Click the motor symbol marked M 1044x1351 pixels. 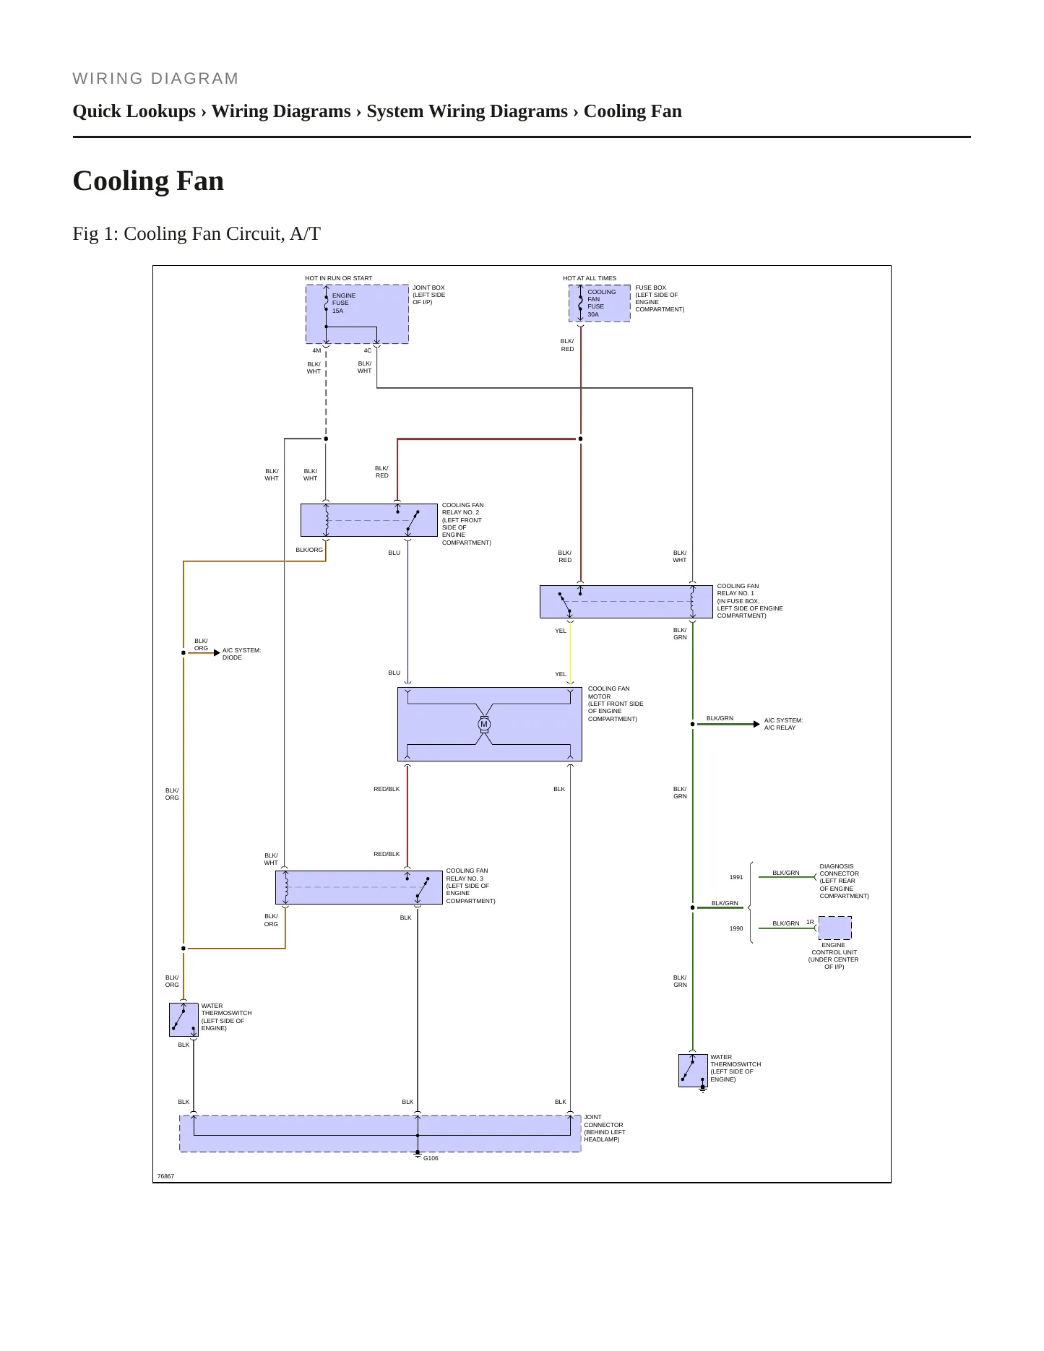(484, 724)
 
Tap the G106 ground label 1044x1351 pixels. (431, 1158)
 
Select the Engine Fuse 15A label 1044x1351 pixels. (343, 303)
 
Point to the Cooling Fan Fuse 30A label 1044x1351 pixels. (601, 303)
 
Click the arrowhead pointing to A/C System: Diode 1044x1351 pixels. (217, 652)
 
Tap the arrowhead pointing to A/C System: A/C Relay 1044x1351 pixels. (756, 724)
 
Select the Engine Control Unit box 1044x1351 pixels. (834, 928)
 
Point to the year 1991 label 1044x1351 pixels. (736, 877)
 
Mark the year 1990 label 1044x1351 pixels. (736, 928)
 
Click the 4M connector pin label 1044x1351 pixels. (316, 350)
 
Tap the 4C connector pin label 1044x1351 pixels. (368, 350)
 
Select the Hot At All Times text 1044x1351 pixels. (590, 278)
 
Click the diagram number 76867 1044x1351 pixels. (165, 1176)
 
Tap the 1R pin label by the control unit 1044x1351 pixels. (810, 922)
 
